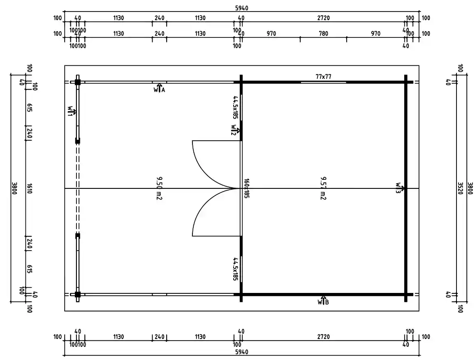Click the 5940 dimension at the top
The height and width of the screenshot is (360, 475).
click(x=241, y=8)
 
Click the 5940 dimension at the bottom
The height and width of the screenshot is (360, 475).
click(x=241, y=352)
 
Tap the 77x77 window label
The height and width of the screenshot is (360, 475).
click(x=324, y=76)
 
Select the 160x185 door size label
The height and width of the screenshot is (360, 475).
click(x=246, y=188)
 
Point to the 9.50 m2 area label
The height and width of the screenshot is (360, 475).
click(x=159, y=188)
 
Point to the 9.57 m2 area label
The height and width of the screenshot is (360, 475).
click(x=323, y=188)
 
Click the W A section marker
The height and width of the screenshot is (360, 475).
click(x=159, y=89)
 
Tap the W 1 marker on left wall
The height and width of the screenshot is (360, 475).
click(x=72, y=111)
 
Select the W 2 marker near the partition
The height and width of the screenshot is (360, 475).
click(x=235, y=130)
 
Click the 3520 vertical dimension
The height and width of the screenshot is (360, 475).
click(x=461, y=188)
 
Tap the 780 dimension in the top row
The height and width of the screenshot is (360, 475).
click(x=324, y=34)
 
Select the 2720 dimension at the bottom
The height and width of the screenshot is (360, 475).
click(x=324, y=337)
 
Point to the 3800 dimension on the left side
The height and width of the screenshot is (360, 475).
click(x=15, y=188)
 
